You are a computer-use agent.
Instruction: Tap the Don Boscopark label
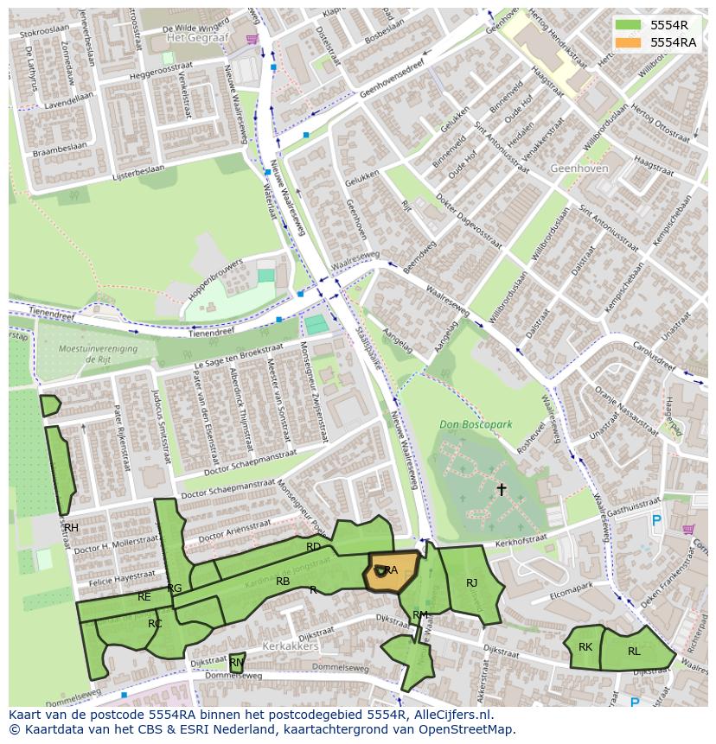(x=476, y=424)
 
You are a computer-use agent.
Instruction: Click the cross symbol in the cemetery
(x=501, y=490)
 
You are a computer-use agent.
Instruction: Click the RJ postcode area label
(x=471, y=583)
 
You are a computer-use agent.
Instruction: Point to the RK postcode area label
(x=585, y=647)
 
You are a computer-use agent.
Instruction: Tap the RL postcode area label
(x=634, y=652)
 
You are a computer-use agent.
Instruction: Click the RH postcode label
(x=71, y=528)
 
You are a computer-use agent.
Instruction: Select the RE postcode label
(x=144, y=597)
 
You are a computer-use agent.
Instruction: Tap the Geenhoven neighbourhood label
(x=579, y=169)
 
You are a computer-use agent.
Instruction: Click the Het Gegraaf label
(x=197, y=38)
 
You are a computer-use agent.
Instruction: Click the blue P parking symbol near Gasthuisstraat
(x=656, y=521)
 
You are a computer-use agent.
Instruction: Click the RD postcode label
(x=313, y=547)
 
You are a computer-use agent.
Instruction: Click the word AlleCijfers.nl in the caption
(x=451, y=715)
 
